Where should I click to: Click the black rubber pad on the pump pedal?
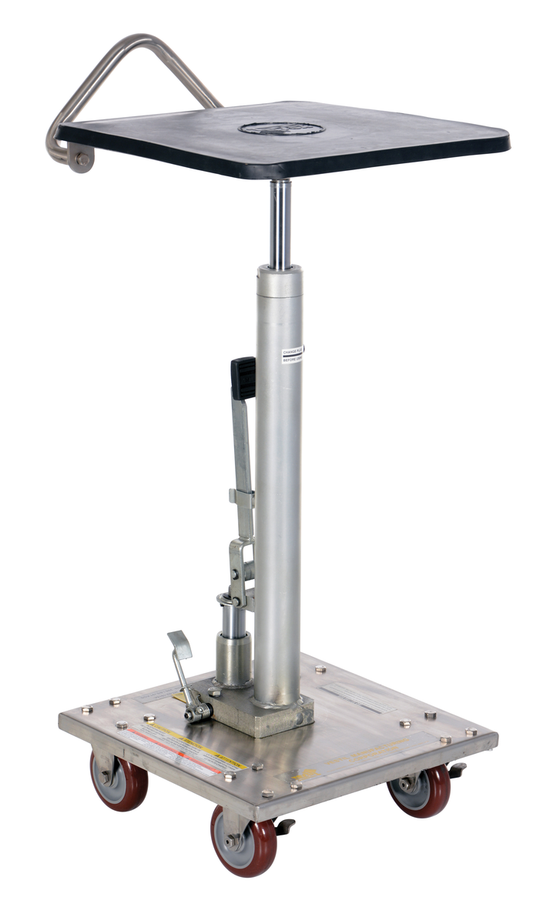pos(243,378)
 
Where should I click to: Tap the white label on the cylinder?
pos(292,354)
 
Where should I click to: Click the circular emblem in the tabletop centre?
pos(280,128)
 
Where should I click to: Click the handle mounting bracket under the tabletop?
pos(80,159)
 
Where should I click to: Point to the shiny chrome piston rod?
pos(280,223)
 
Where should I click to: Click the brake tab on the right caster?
pos(457,769)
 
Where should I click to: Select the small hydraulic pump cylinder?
pos(233,654)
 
